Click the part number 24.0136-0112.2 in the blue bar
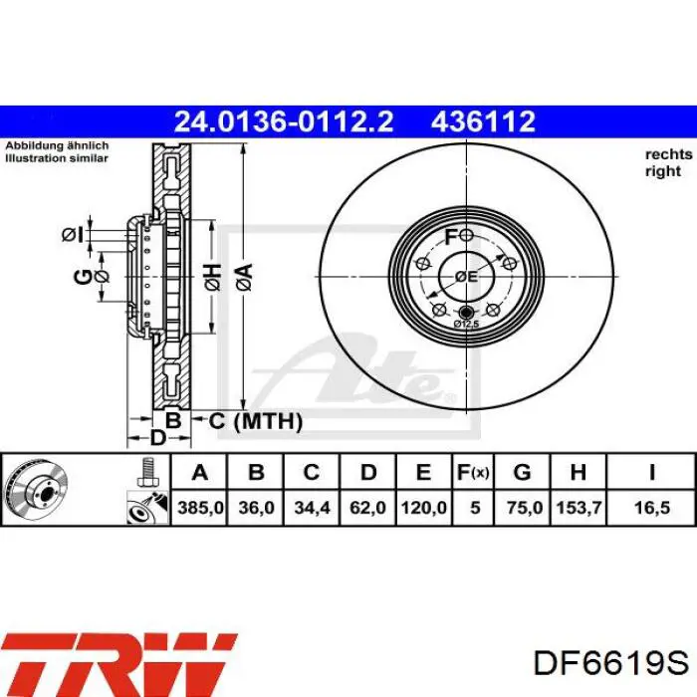284,121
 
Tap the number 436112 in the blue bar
483,121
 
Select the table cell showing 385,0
200,507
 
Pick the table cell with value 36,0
256,507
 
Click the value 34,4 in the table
312,507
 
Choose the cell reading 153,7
579,507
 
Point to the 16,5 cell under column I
651,507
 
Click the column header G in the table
522,472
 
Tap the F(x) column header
473,473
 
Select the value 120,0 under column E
423,507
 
